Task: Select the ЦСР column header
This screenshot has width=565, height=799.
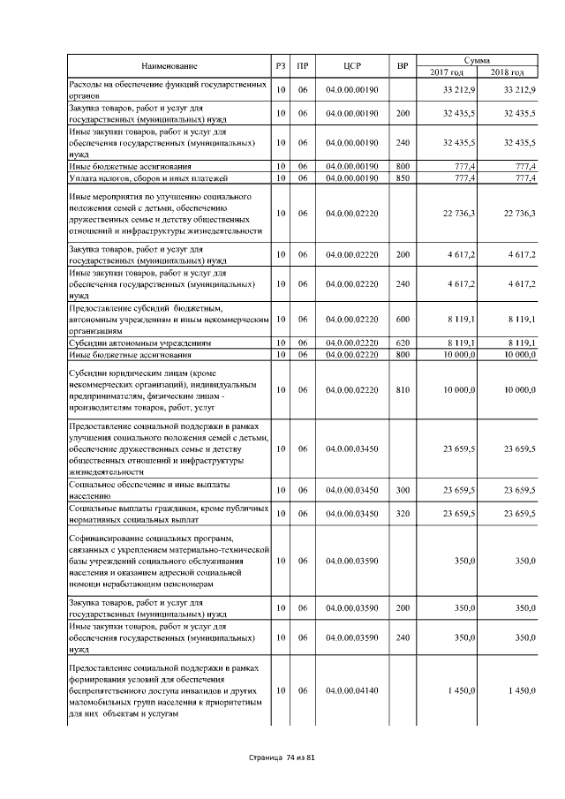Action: [351, 65]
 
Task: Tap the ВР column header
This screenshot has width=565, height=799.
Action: [403, 65]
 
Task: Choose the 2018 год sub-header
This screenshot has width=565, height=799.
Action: [507, 72]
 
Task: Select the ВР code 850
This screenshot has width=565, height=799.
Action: [403, 178]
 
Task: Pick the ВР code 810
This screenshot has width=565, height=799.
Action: [403, 389]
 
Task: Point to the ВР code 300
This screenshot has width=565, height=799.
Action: [403, 490]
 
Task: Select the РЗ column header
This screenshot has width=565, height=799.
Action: [281, 65]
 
